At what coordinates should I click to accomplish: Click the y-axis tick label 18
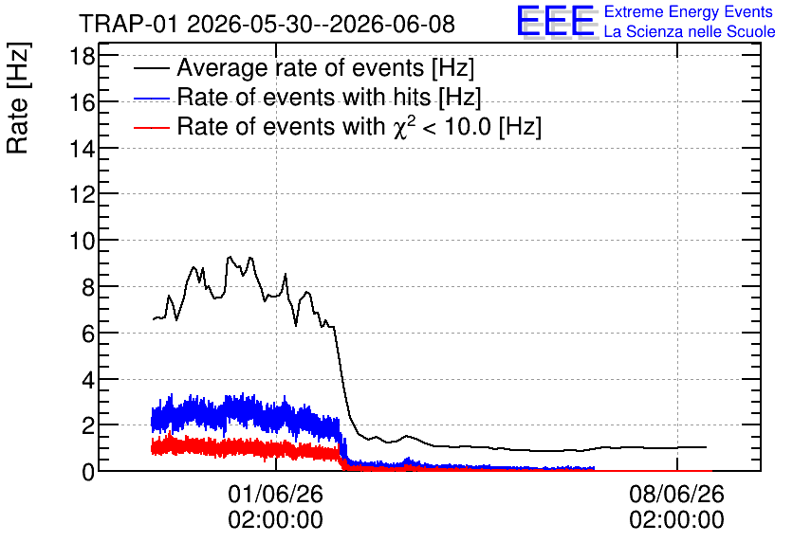(82, 56)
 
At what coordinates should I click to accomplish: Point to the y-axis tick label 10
(82, 241)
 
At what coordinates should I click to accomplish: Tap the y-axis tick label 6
(88, 334)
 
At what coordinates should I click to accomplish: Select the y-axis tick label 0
(88, 472)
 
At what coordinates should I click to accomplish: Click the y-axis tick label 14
(82, 149)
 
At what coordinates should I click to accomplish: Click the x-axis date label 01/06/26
(276, 494)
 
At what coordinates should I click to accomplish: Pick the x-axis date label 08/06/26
(676, 494)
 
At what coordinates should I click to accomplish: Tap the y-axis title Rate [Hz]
(18, 99)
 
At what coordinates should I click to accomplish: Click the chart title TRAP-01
(128, 24)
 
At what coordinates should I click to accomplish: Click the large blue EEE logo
(557, 21)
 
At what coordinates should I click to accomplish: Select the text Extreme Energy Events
(689, 11)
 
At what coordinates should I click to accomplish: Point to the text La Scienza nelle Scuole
(690, 31)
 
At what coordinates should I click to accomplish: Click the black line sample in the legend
(152, 68)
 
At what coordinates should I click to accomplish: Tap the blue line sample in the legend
(152, 98)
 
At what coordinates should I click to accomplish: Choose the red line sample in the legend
(152, 127)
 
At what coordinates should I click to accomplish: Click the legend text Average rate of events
(301, 67)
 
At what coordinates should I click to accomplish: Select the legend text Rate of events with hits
(304, 97)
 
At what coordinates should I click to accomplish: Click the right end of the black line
(706, 447)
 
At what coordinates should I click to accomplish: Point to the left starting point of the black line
(154, 318)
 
